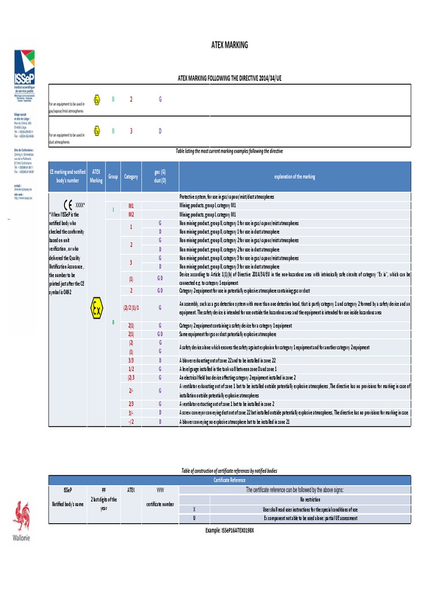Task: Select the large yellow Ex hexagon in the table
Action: tap(96, 309)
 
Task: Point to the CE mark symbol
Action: tap(67, 204)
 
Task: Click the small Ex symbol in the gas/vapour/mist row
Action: tap(97, 100)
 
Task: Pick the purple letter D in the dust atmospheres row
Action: tap(160, 131)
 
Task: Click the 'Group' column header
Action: tap(113, 176)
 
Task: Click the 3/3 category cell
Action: tap(131, 361)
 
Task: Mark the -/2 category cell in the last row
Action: tap(131, 422)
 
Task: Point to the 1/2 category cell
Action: tap(131, 368)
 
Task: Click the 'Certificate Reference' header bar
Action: tap(230, 479)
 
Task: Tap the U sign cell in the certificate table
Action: tap(195, 518)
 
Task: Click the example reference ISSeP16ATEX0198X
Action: tap(229, 529)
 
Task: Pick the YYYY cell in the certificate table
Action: tap(161, 490)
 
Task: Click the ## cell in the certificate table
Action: tap(104, 490)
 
